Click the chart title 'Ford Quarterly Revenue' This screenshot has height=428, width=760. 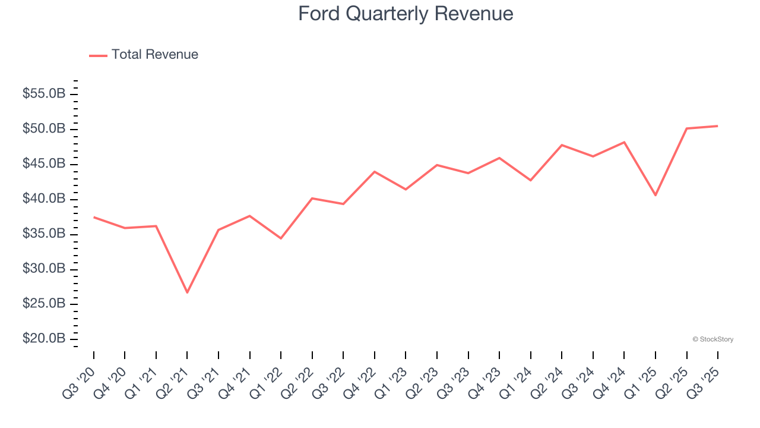click(x=406, y=14)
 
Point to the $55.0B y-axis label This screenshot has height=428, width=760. click(x=44, y=94)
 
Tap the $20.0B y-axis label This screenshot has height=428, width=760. click(x=44, y=339)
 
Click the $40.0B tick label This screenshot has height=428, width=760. click(x=44, y=199)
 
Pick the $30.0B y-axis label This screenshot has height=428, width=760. click(x=44, y=269)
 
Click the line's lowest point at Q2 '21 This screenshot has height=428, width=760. click(x=187, y=292)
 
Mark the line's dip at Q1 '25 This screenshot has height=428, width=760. click(x=655, y=195)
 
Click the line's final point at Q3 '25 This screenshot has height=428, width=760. click(x=718, y=126)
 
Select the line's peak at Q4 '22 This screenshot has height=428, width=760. click(x=375, y=171)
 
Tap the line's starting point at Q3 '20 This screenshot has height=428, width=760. click(x=94, y=217)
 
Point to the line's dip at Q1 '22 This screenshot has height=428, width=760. click(x=281, y=238)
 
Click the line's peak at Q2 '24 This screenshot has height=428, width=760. click(x=562, y=145)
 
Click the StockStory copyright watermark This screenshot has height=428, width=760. click(x=712, y=339)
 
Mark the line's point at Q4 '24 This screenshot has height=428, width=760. click(x=624, y=142)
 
